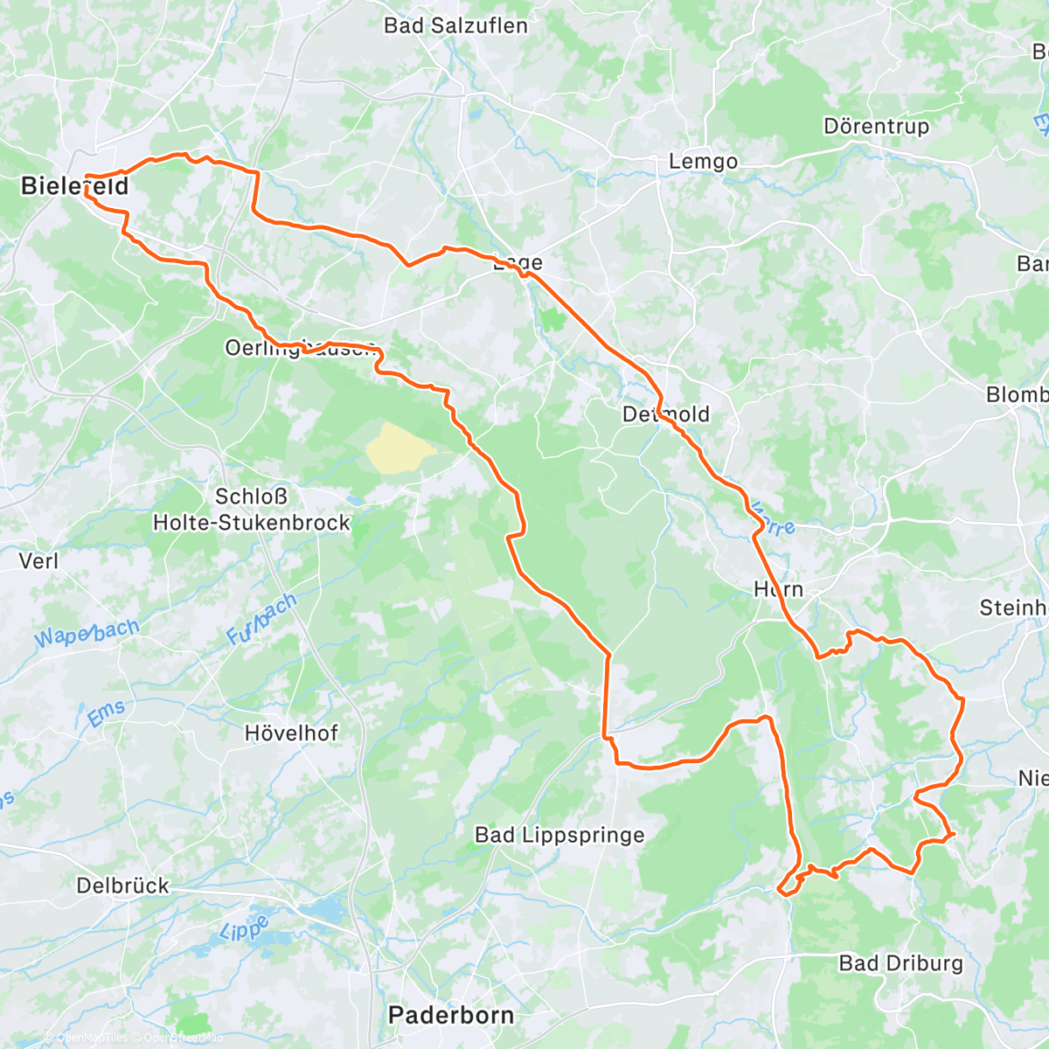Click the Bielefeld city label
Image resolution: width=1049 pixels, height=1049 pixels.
(x=74, y=185)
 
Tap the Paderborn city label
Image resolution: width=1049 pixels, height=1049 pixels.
(x=451, y=1015)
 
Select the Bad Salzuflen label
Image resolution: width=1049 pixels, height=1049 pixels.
(x=455, y=25)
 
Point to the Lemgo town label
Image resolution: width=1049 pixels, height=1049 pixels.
(x=703, y=162)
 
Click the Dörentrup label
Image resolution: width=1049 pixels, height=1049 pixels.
(x=876, y=127)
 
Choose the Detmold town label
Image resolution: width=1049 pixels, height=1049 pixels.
(x=666, y=413)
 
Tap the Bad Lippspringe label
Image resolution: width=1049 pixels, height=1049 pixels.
(x=559, y=835)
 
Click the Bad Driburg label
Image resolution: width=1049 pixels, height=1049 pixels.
(x=900, y=963)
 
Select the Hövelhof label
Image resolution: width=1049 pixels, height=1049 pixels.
(x=291, y=733)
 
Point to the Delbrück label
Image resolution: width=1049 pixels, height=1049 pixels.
(x=122, y=886)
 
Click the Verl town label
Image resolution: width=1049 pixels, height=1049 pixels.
(x=38, y=560)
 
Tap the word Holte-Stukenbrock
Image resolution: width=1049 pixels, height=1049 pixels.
(x=252, y=523)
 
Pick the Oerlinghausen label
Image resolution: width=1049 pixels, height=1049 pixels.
(x=300, y=347)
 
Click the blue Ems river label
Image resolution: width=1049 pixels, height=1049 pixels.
(x=107, y=714)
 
